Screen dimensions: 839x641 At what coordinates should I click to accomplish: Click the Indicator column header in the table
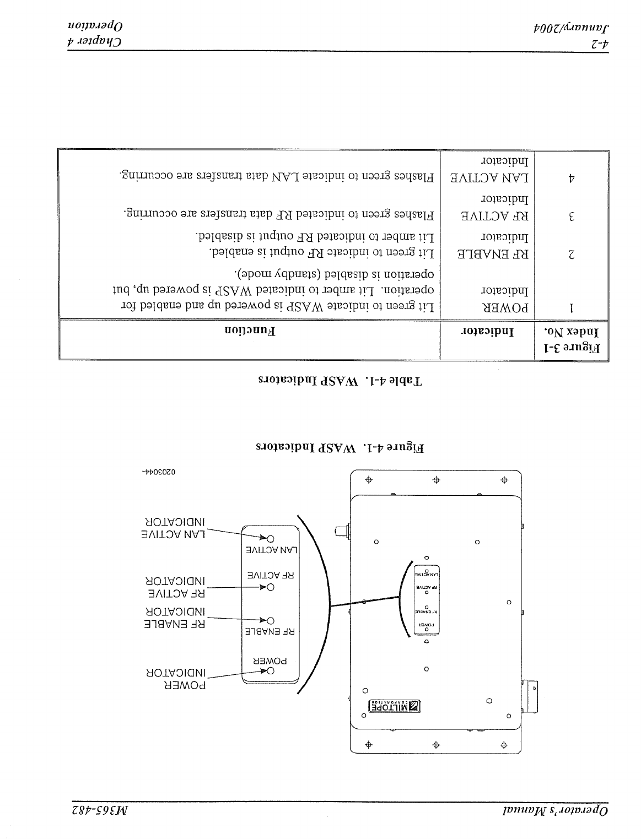pos(488,332)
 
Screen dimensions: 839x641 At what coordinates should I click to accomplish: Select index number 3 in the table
pos(572,216)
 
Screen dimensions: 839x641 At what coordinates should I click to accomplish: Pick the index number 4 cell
pos(572,178)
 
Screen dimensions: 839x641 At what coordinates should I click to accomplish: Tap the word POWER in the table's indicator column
pos(504,308)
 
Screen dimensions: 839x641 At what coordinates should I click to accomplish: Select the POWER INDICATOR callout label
pos(176,679)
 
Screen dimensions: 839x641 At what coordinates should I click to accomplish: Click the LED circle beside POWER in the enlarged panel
pos(271,670)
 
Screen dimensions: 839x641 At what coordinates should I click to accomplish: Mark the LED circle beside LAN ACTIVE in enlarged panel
pos(271,538)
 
